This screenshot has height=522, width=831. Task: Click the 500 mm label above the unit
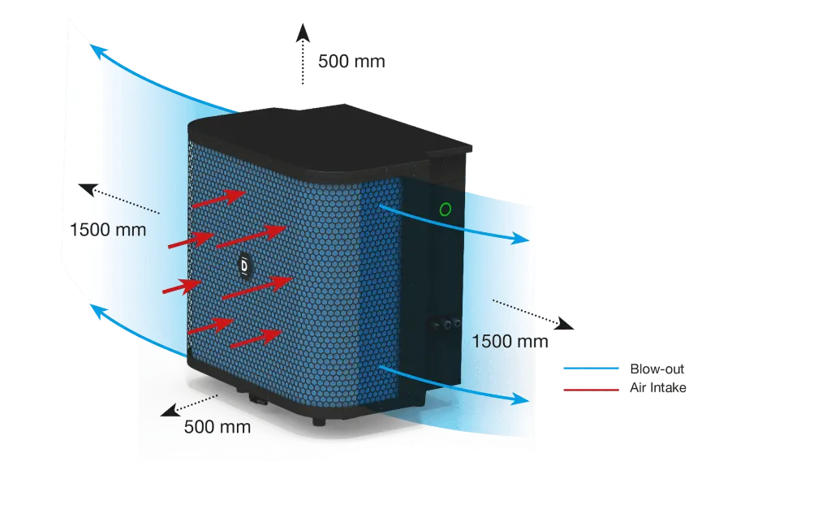(x=351, y=62)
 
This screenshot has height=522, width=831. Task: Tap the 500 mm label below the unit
(x=217, y=427)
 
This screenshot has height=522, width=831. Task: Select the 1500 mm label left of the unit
(x=108, y=230)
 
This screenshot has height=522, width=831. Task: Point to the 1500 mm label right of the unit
(x=510, y=341)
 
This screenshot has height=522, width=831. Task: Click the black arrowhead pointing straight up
(x=304, y=32)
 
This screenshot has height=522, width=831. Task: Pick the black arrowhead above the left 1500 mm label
(x=88, y=189)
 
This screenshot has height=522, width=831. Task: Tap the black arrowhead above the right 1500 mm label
(x=565, y=323)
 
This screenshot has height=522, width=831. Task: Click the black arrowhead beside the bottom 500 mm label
(x=170, y=410)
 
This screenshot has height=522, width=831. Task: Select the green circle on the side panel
(x=446, y=210)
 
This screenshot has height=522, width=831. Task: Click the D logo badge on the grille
(x=244, y=265)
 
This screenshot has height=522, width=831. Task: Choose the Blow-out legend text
(x=657, y=369)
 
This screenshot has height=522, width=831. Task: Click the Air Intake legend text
(x=657, y=388)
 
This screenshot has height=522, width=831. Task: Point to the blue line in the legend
(x=591, y=369)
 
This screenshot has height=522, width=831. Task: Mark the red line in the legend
(x=591, y=390)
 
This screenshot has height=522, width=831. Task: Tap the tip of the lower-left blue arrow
(x=90, y=304)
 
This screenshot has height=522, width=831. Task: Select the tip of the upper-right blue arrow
(x=529, y=239)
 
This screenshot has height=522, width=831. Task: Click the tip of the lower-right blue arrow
(x=529, y=400)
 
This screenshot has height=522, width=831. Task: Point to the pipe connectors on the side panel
(x=447, y=323)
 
